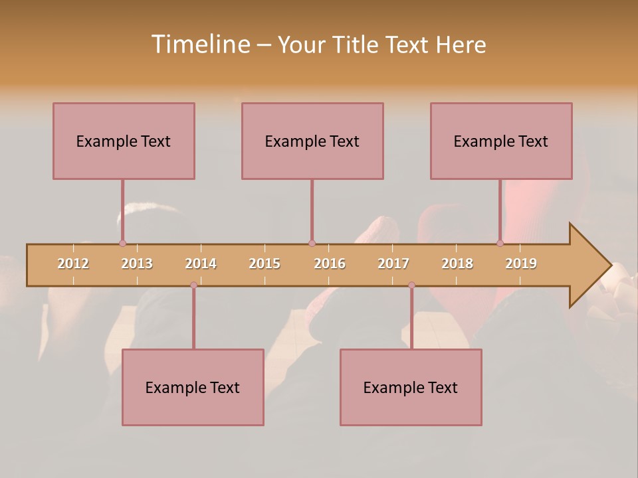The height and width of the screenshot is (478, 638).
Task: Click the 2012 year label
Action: (x=73, y=264)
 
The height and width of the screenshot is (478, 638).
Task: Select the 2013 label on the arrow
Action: (x=137, y=264)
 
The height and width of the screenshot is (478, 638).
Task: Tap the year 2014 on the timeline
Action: (x=201, y=264)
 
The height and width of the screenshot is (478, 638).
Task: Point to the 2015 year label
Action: (x=265, y=264)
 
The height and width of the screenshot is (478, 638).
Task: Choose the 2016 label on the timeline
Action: (x=330, y=264)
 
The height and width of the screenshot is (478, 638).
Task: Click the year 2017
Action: (x=393, y=264)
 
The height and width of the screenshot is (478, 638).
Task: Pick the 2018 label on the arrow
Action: (x=457, y=264)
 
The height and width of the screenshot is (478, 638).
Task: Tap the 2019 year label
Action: (x=521, y=264)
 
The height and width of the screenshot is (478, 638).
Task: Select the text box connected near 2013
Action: (x=124, y=141)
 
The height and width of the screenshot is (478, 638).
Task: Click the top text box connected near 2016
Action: (x=312, y=141)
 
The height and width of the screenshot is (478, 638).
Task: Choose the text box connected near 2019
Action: (x=501, y=141)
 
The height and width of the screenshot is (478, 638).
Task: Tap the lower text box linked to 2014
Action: (x=193, y=387)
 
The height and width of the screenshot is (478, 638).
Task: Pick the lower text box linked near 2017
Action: (x=411, y=387)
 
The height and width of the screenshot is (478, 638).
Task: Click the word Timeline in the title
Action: (x=200, y=44)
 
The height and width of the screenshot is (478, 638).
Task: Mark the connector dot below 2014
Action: (x=193, y=285)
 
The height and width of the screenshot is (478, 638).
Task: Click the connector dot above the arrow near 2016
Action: (x=312, y=243)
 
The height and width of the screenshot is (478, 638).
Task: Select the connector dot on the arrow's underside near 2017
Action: (x=411, y=285)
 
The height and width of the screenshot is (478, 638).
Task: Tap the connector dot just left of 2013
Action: (x=122, y=243)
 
